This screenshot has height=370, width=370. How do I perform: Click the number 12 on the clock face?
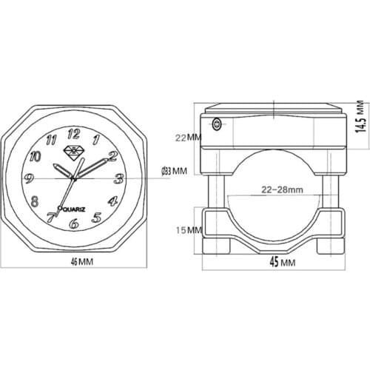click(x=73, y=134)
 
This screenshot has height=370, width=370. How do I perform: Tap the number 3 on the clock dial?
click(x=118, y=178)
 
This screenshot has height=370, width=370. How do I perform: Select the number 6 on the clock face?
click(x=73, y=222)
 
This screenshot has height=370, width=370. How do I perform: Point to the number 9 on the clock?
click(x=28, y=177)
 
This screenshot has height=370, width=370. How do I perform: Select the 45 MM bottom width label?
click(x=278, y=262)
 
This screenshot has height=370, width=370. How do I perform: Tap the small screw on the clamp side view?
click(x=215, y=124)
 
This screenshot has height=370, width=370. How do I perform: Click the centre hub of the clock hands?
click(x=74, y=178)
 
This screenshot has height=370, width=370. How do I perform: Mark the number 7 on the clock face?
click(x=50, y=217)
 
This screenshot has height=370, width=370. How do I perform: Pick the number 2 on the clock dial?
click(x=112, y=156)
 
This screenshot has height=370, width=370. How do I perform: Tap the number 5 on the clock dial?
click(x=96, y=217)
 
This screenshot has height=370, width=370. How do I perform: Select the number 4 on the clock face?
click(x=112, y=201)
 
